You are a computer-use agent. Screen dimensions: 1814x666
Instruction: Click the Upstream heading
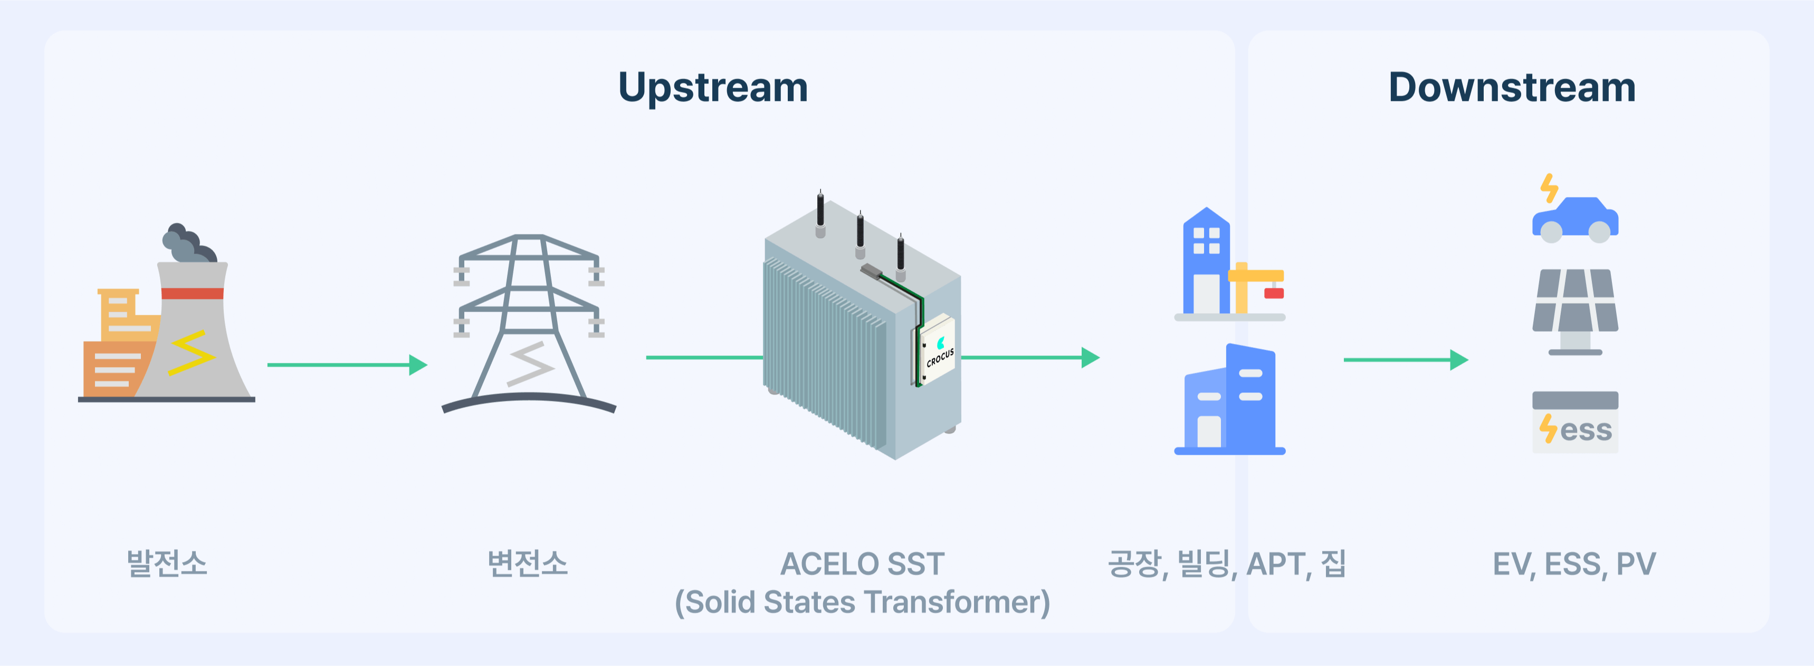[713, 88]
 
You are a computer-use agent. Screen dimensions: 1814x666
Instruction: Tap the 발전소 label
[167, 563]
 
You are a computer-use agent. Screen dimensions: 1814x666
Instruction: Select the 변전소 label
[528, 563]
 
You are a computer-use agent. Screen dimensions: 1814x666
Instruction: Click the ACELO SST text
[862, 564]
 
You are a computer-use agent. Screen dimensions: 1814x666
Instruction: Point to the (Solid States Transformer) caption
[862, 603]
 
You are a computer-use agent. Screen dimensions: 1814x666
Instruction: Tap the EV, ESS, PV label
[1574, 565]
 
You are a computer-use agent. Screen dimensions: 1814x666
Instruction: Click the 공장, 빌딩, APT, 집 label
[1227, 564]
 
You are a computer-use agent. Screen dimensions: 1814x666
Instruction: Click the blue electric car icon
[1576, 220]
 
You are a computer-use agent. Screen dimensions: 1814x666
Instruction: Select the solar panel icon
[1576, 310]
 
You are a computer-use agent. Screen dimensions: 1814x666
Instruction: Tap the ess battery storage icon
[1576, 422]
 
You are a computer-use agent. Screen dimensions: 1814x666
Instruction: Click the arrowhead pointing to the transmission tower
[418, 365]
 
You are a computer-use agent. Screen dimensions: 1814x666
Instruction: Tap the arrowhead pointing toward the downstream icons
[1459, 360]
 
